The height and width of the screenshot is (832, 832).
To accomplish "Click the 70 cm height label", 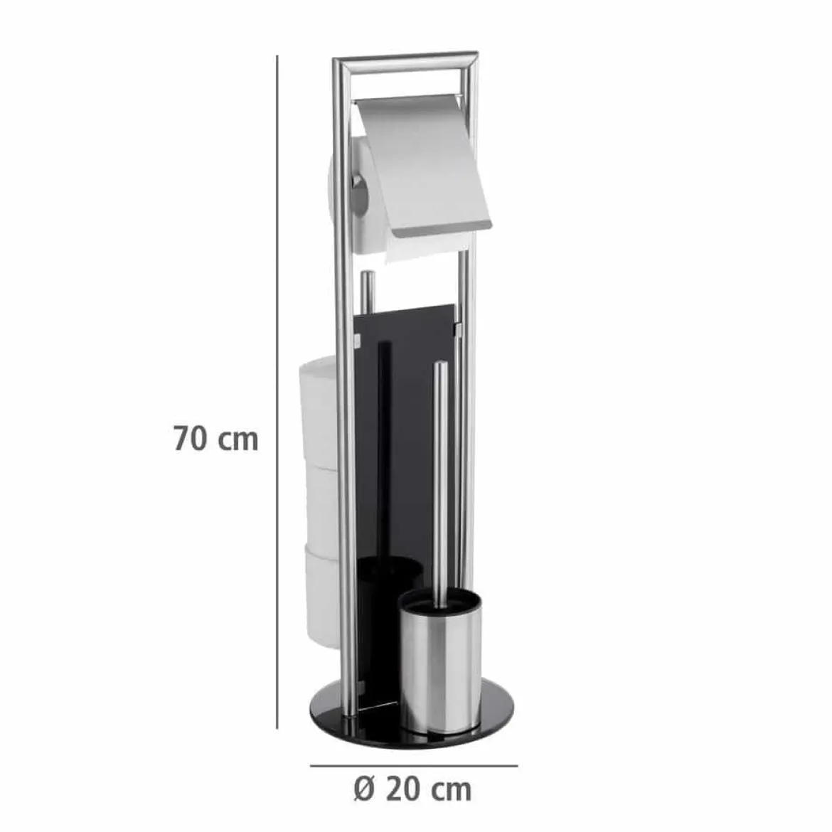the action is (216, 439).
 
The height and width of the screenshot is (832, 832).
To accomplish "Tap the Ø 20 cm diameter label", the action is (412, 789).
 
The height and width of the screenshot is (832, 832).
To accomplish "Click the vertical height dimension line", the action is (277, 392).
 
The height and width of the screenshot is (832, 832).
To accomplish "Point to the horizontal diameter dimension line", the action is (414, 766).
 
